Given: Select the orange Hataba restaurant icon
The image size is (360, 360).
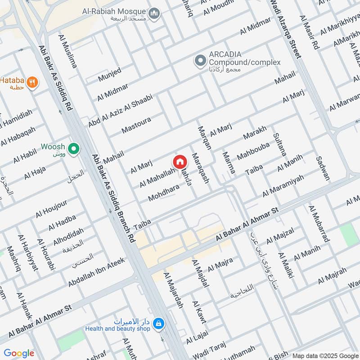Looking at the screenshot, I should [x=32, y=82].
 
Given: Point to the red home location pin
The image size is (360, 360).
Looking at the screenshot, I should [x=179, y=162].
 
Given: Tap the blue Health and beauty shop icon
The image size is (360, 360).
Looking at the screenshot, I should [x=158, y=323].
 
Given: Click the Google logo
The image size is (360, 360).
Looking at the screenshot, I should [x=19, y=354].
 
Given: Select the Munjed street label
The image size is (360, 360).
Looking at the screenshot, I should [x=110, y=75].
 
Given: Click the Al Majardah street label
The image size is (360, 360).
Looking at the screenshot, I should [x=174, y=290].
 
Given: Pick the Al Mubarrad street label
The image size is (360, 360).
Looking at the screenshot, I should [x=319, y=224].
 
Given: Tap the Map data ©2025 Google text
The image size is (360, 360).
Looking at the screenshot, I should [x=325, y=355].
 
